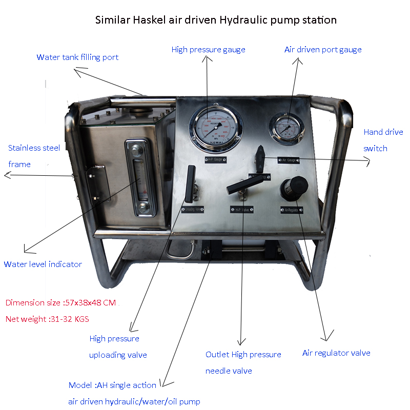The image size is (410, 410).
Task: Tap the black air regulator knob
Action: click(x=292, y=187)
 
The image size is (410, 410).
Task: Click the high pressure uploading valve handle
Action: click(x=191, y=183)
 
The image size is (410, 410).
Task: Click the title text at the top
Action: click(x=216, y=20)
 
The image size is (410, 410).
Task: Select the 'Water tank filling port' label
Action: click(x=77, y=57)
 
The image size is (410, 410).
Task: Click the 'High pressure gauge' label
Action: click(x=208, y=50)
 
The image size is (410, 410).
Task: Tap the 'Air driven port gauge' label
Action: click(x=323, y=50)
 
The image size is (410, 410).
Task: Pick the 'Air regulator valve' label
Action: click(x=336, y=353)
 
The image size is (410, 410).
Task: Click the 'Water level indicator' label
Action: click(x=43, y=264)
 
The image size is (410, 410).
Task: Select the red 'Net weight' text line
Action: click(x=47, y=319)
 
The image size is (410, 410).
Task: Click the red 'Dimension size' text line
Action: click(x=60, y=302)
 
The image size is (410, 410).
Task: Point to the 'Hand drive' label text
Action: click(x=383, y=132)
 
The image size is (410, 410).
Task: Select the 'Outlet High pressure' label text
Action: click(x=243, y=355)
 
